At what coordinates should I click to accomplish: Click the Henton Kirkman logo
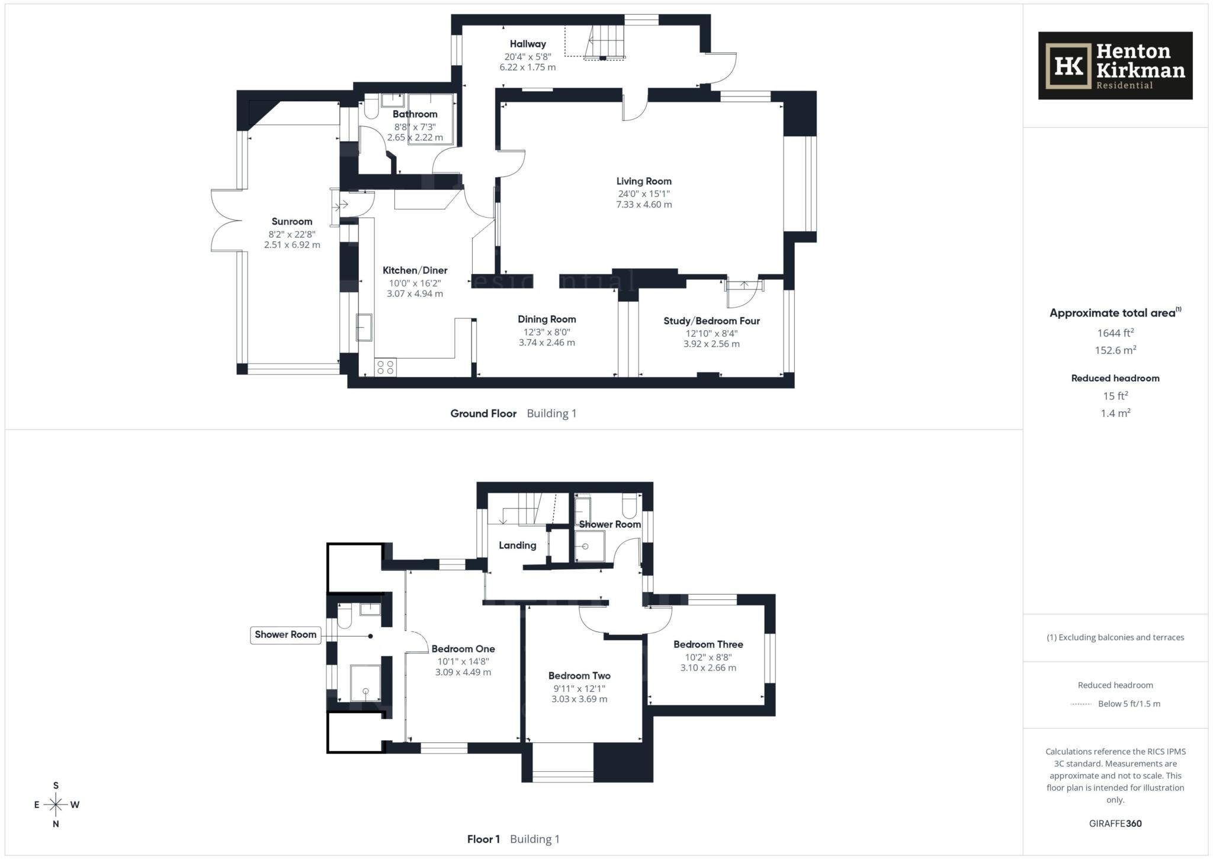pos(1115,65)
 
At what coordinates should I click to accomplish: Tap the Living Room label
pos(644,181)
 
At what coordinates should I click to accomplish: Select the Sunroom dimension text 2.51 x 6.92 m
pos(292,245)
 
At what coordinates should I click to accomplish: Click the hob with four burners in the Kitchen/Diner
pos(385,367)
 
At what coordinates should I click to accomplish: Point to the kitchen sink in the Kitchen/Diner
pos(364,327)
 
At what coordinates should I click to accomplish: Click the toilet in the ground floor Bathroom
pos(371,108)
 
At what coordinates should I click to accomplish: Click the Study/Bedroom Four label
pos(711,321)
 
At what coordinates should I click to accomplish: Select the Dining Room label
pos(547,319)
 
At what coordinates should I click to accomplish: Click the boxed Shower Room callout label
pos(285,634)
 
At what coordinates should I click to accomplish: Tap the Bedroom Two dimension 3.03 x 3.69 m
pos(579,699)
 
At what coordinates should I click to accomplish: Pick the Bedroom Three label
pos(708,644)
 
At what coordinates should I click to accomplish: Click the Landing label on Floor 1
pos(517,545)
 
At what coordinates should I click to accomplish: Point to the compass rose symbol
pos(56,804)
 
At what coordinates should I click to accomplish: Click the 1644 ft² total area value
pos(1115,333)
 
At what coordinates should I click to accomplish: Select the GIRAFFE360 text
pos(1115,823)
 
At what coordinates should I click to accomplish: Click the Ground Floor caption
pos(483,414)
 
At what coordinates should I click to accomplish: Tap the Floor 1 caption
pos(483,839)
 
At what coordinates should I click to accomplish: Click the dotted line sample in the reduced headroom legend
pos(1081,704)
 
